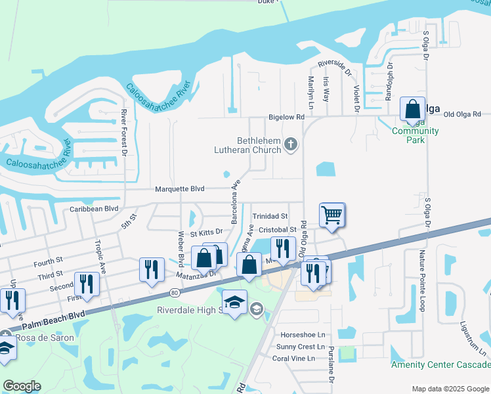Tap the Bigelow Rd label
286,117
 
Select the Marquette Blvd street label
179,189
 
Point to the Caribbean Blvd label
94,209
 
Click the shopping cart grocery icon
332,215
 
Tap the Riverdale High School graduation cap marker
234,302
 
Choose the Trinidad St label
270,216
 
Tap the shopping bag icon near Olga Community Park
412,108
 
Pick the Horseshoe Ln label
303,335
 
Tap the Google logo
22,386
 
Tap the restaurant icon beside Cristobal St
283,248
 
